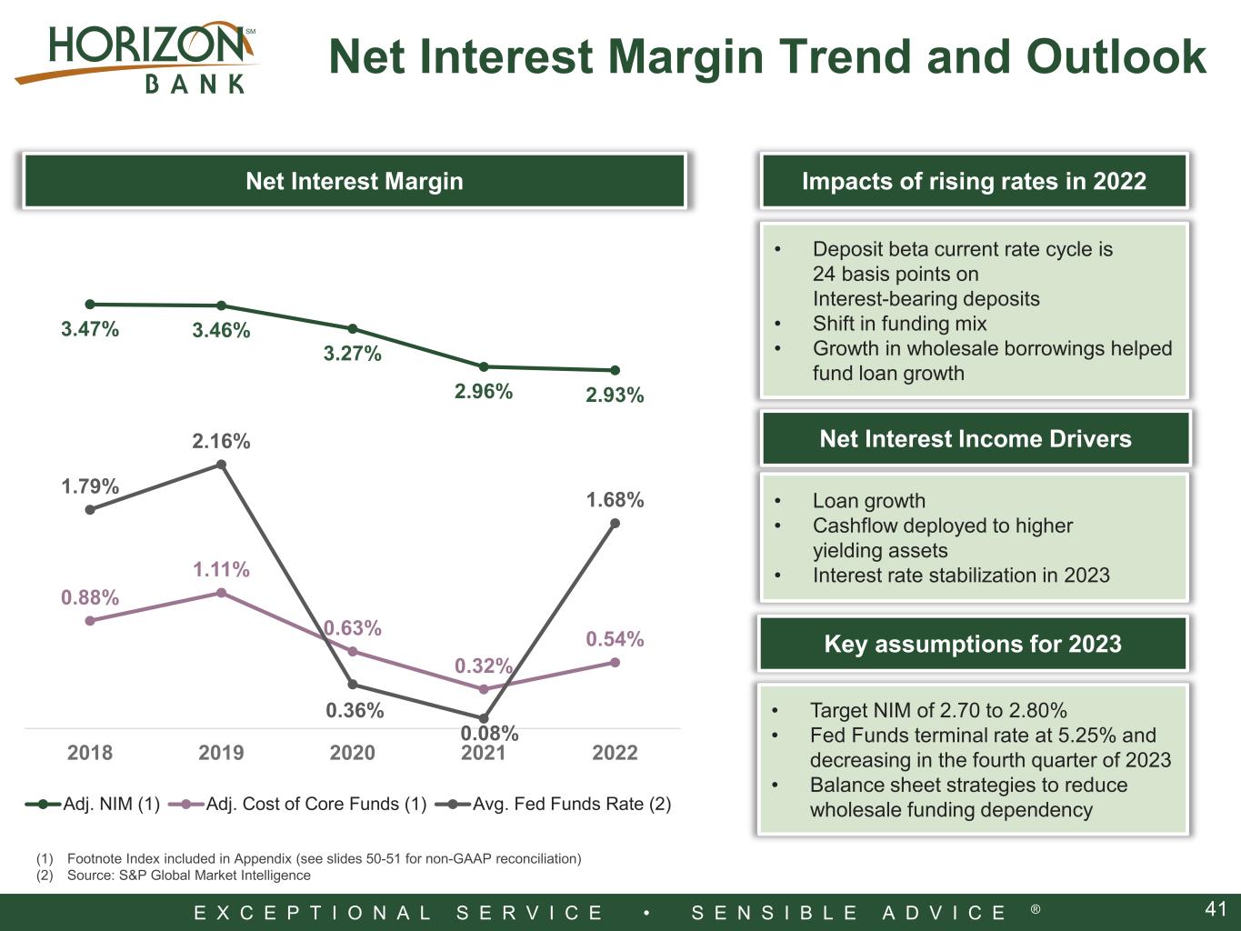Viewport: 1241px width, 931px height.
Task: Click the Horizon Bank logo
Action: click(x=136, y=57)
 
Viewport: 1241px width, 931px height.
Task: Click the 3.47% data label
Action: click(x=90, y=329)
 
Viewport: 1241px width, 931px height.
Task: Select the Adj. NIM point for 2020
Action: click(x=352, y=328)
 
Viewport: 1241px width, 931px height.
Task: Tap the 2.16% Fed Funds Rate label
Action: click(x=221, y=441)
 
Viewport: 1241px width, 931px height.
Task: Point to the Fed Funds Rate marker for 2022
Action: click(x=615, y=524)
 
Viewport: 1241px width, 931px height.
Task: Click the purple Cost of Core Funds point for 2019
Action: click(x=222, y=593)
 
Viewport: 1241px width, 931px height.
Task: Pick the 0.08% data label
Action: click(x=490, y=733)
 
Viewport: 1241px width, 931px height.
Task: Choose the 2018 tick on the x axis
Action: click(x=90, y=753)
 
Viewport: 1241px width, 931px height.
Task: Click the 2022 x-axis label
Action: click(x=615, y=753)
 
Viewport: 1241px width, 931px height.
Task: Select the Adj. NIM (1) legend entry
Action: click(x=93, y=804)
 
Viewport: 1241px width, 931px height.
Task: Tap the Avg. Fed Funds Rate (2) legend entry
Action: click(x=554, y=804)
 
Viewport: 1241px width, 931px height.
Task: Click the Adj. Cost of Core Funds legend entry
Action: click(x=298, y=804)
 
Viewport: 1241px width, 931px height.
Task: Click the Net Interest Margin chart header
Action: click(x=355, y=181)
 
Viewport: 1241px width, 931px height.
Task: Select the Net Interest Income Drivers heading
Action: click(x=976, y=438)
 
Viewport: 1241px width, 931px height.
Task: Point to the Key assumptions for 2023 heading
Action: click(x=973, y=644)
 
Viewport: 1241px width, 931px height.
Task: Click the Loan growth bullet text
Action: click(x=869, y=501)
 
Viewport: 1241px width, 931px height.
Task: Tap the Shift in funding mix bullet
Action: click(x=899, y=324)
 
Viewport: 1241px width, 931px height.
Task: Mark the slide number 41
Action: click(x=1216, y=909)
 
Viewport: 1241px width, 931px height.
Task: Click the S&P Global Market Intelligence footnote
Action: click(x=189, y=875)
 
